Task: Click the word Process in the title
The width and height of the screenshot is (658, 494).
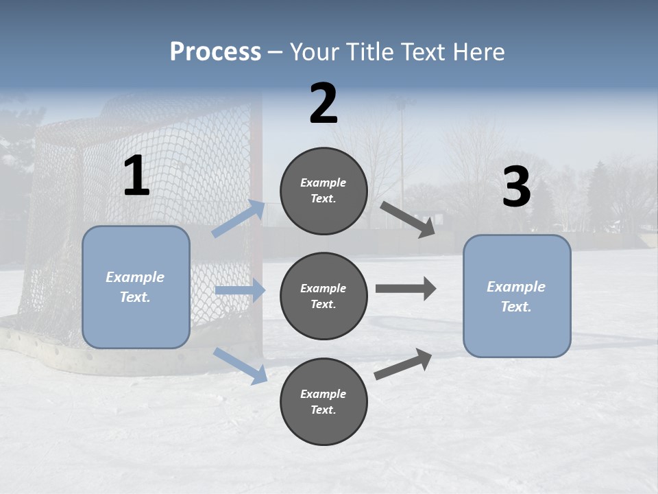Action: click(x=215, y=52)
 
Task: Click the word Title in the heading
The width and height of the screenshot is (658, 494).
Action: click(x=369, y=52)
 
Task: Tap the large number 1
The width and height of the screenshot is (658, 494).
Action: click(x=136, y=176)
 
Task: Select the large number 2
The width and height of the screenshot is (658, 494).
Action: click(x=324, y=104)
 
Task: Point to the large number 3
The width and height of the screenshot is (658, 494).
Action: click(x=516, y=187)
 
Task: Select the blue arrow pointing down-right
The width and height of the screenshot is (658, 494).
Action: click(x=241, y=365)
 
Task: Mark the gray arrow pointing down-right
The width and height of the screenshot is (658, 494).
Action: click(x=408, y=219)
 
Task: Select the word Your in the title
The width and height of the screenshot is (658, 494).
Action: click(x=313, y=52)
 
